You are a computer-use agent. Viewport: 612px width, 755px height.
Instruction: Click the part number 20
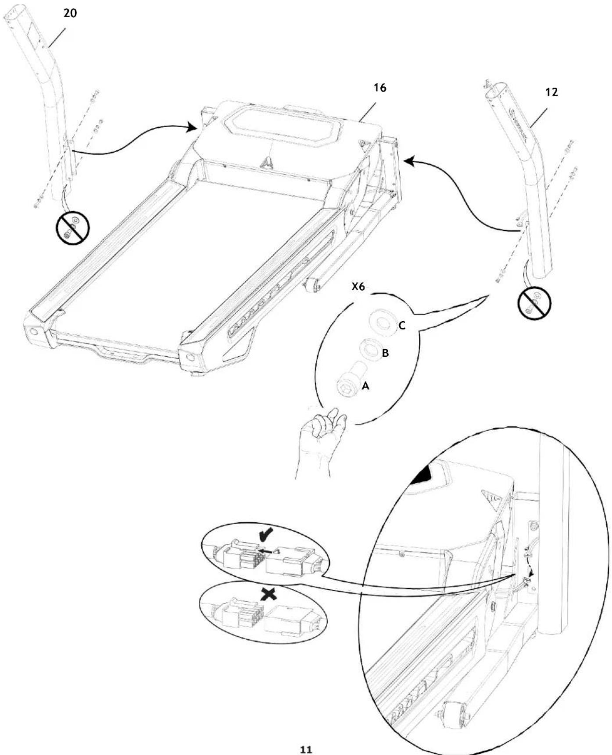(70, 13)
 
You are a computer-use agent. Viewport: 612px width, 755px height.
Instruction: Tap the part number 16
(380, 88)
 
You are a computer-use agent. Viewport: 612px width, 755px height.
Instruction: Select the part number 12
(551, 92)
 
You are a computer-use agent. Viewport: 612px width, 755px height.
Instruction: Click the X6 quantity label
(359, 287)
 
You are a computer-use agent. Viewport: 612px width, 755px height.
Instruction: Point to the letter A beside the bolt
(365, 386)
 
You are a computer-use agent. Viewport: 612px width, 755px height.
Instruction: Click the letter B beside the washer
(385, 353)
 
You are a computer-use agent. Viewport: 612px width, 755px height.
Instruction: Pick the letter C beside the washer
(402, 326)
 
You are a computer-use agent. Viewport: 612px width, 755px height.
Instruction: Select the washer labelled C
(383, 321)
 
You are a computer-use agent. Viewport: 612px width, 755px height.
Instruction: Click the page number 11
(306, 749)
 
